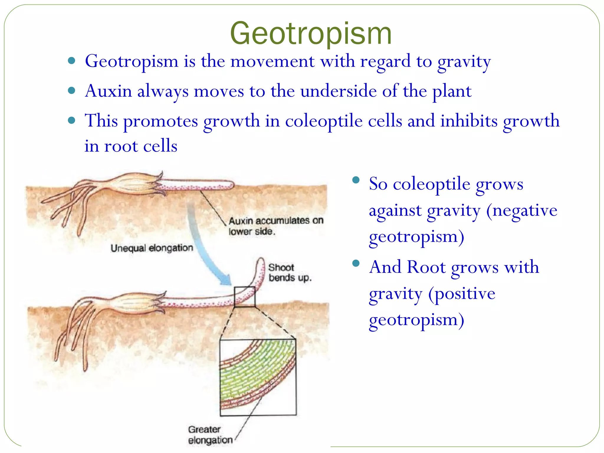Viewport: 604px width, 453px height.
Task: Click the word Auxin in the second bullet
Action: pos(108,91)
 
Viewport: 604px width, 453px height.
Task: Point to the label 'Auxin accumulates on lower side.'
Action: pos(276,226)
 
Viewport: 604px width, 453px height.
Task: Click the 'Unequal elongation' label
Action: pos(152,248)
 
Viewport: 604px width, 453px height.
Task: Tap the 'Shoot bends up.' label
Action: pos(289,273)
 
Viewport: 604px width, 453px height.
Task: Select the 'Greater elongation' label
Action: pos(210,434)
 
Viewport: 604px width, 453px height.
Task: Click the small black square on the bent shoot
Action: pos(244,297)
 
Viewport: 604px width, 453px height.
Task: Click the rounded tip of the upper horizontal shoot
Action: pos(230,185)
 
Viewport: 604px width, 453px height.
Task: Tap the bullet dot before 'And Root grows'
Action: pos(356,263)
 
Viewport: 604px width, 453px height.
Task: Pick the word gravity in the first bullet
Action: pos(464,62)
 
